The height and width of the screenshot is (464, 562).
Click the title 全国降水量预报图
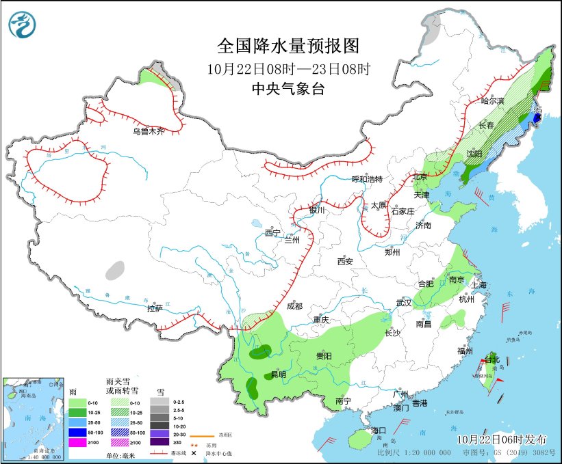[288, 46]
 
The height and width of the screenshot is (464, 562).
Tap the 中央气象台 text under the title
[288, 88]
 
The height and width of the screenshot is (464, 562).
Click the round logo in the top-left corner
[23, 25]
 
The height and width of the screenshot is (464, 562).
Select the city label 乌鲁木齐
[149, 131]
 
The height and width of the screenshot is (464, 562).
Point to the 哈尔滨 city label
[491, 100]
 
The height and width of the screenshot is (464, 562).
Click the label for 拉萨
[155, 308]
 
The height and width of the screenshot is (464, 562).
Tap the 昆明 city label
[279, 374]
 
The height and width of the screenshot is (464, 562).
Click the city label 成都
[294, 305]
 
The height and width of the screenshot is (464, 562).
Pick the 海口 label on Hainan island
[379, 431]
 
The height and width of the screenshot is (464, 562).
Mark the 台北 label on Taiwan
[493, 359]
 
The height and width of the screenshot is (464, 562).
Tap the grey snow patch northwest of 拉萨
[116, 271]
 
